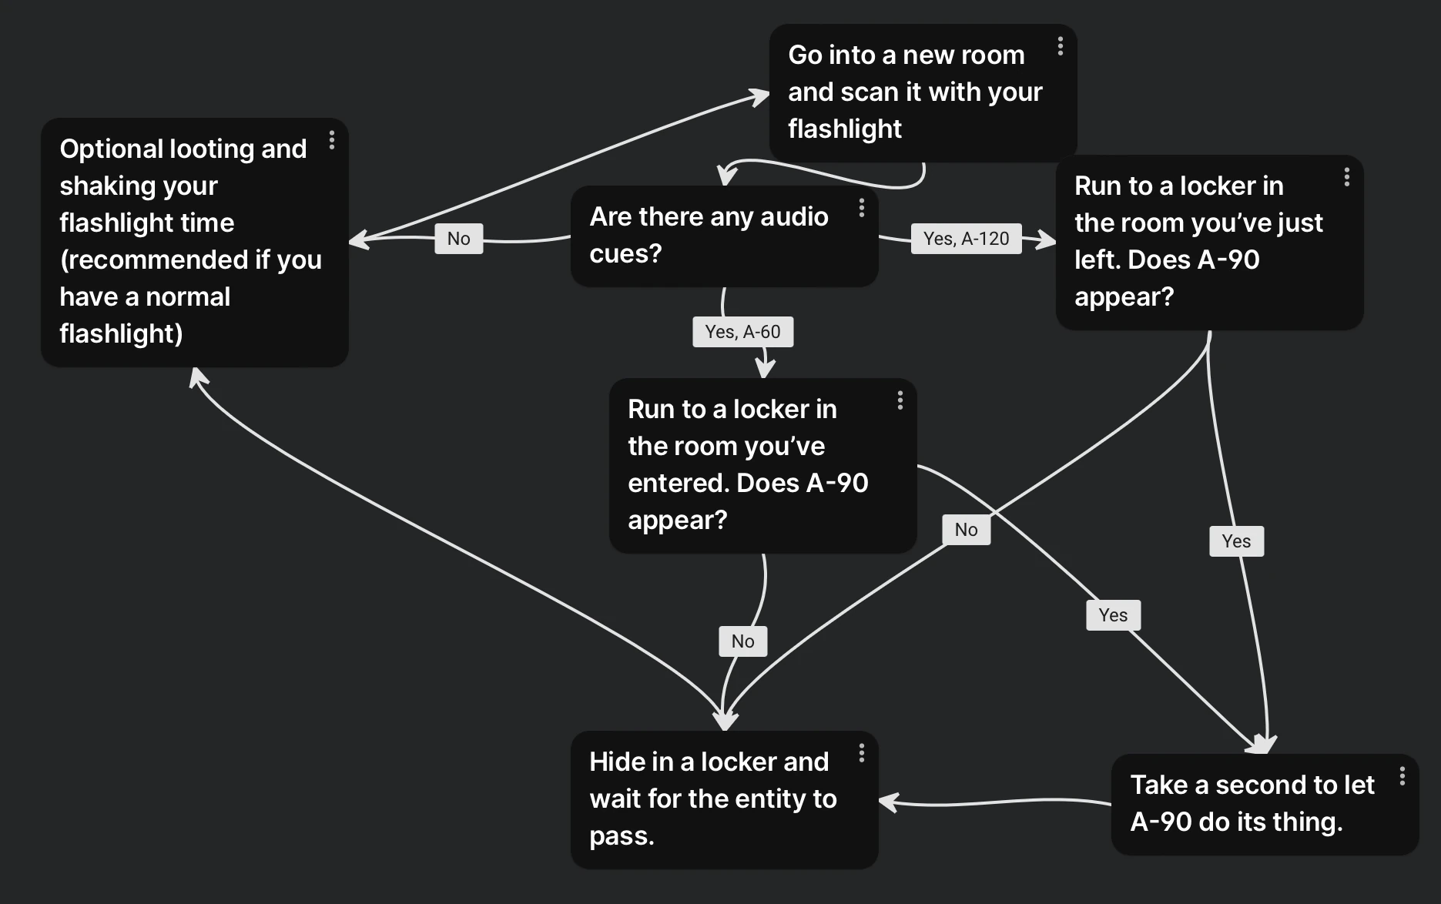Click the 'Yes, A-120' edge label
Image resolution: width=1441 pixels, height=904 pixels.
(x=966, y=239)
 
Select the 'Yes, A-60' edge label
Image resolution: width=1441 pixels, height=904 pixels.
(x=742, y=332)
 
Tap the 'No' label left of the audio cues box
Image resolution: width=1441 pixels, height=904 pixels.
(x=458, y=239)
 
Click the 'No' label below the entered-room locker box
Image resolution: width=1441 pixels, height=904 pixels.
(x=742, y=641)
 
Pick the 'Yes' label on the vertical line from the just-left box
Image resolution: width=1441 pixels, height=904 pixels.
(x=1236, y=541)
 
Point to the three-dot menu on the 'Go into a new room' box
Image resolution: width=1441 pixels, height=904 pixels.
(x=1061, y=46)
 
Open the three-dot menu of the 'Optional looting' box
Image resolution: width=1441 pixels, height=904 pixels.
(x=332, y=140)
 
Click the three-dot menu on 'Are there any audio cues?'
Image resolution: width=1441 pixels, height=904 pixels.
(x=862, y=208)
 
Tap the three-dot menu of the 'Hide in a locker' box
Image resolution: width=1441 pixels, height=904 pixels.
(x=862, y=753)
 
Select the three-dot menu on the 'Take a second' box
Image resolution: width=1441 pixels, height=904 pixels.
(x=1402, y=776)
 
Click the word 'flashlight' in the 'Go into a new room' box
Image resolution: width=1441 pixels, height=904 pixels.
(x=844, y=129)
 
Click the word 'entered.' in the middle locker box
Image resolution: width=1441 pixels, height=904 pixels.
(x=678, y=483)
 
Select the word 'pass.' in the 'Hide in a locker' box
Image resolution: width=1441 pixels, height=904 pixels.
(x=622, y=835)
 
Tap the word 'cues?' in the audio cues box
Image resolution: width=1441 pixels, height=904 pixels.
(x=625, y=253)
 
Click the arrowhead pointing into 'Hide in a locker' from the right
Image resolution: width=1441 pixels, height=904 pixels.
(x=887, y=802)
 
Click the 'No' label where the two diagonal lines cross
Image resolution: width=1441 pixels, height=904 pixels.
(x=966, y=530)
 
